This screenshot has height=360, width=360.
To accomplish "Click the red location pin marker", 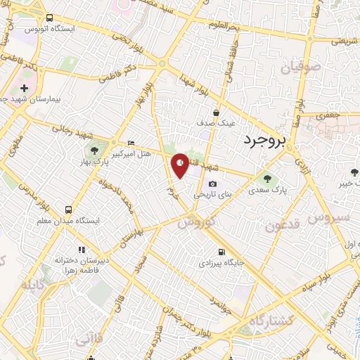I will [x=181, y=166].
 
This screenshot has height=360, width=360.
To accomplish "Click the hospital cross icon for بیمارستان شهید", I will [x=25, y=89].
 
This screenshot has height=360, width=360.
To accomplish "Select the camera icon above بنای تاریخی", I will [x=213, y=184].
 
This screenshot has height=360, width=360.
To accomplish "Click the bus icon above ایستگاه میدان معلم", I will [x=68, y=210].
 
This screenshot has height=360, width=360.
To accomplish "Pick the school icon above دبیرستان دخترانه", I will [x=82, y=250].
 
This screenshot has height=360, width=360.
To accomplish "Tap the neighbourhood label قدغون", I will [x=284, y=226].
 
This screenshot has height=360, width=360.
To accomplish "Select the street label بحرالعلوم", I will [x=224, y=25].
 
